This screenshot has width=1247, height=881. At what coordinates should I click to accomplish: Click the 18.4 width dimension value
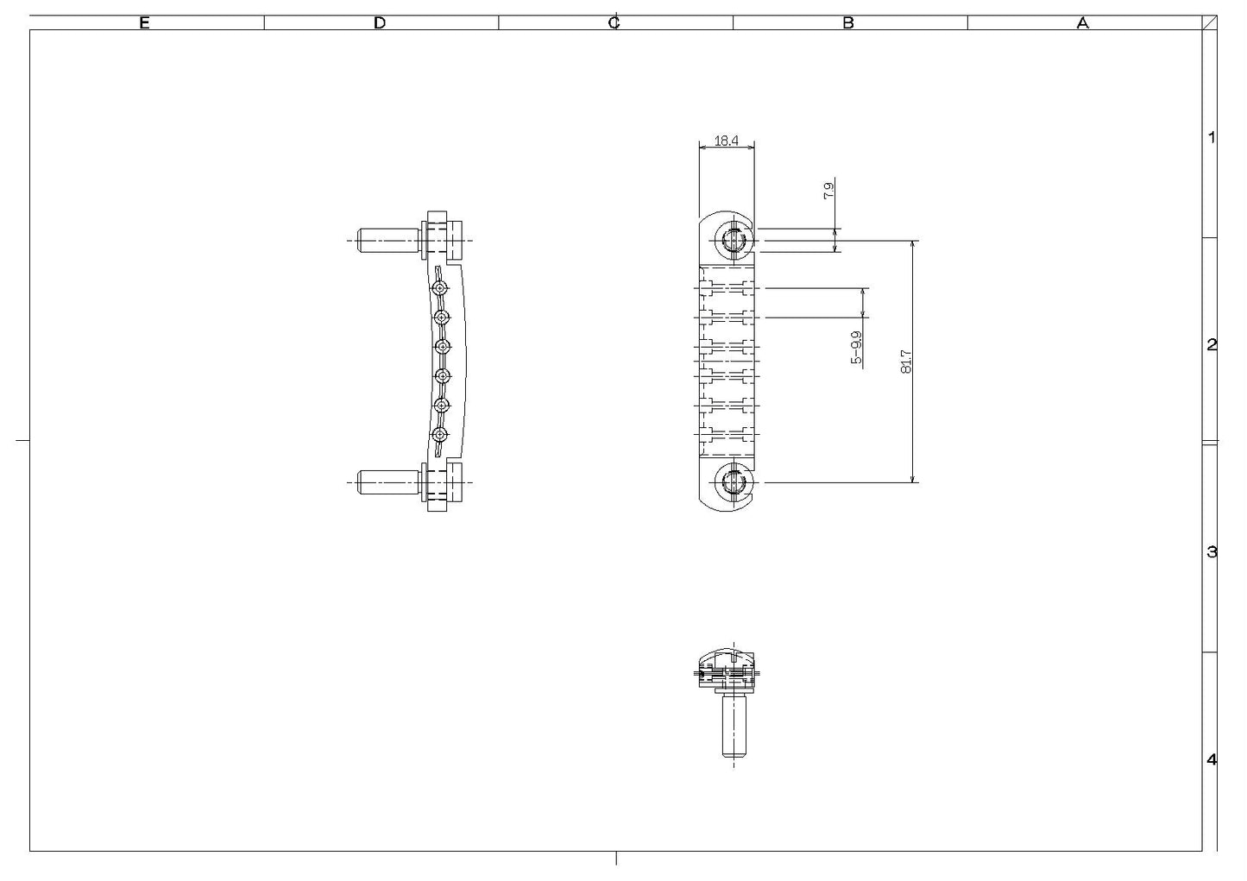coord(726,141)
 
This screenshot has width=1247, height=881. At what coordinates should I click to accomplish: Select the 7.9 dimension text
coord(828,191)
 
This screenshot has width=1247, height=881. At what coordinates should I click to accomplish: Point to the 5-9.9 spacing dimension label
coord(856,347)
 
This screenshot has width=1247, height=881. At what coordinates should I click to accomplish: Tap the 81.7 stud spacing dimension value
coord(905,361)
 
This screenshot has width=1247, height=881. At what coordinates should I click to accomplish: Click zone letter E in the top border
coord(145,23)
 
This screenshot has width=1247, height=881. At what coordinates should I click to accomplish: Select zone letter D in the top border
coord(380,23)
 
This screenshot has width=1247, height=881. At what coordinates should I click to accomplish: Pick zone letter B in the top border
coord(848,23)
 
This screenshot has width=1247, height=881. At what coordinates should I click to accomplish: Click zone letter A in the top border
coord(1083,23)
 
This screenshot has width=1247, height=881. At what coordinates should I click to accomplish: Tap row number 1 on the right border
coord(1212,137)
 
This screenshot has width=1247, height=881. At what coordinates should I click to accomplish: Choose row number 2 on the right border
coord(1212,345)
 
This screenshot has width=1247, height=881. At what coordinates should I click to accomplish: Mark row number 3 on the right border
coord(1212,552)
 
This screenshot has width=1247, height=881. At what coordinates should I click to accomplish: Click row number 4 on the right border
coord(1212,760)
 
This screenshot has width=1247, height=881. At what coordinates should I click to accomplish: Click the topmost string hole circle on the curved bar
coord(441,286)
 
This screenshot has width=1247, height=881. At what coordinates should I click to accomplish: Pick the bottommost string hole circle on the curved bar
coord(441,435)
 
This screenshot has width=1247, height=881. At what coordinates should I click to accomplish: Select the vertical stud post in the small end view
coord(734,725)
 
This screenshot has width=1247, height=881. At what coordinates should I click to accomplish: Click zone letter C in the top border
coord(614,23)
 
